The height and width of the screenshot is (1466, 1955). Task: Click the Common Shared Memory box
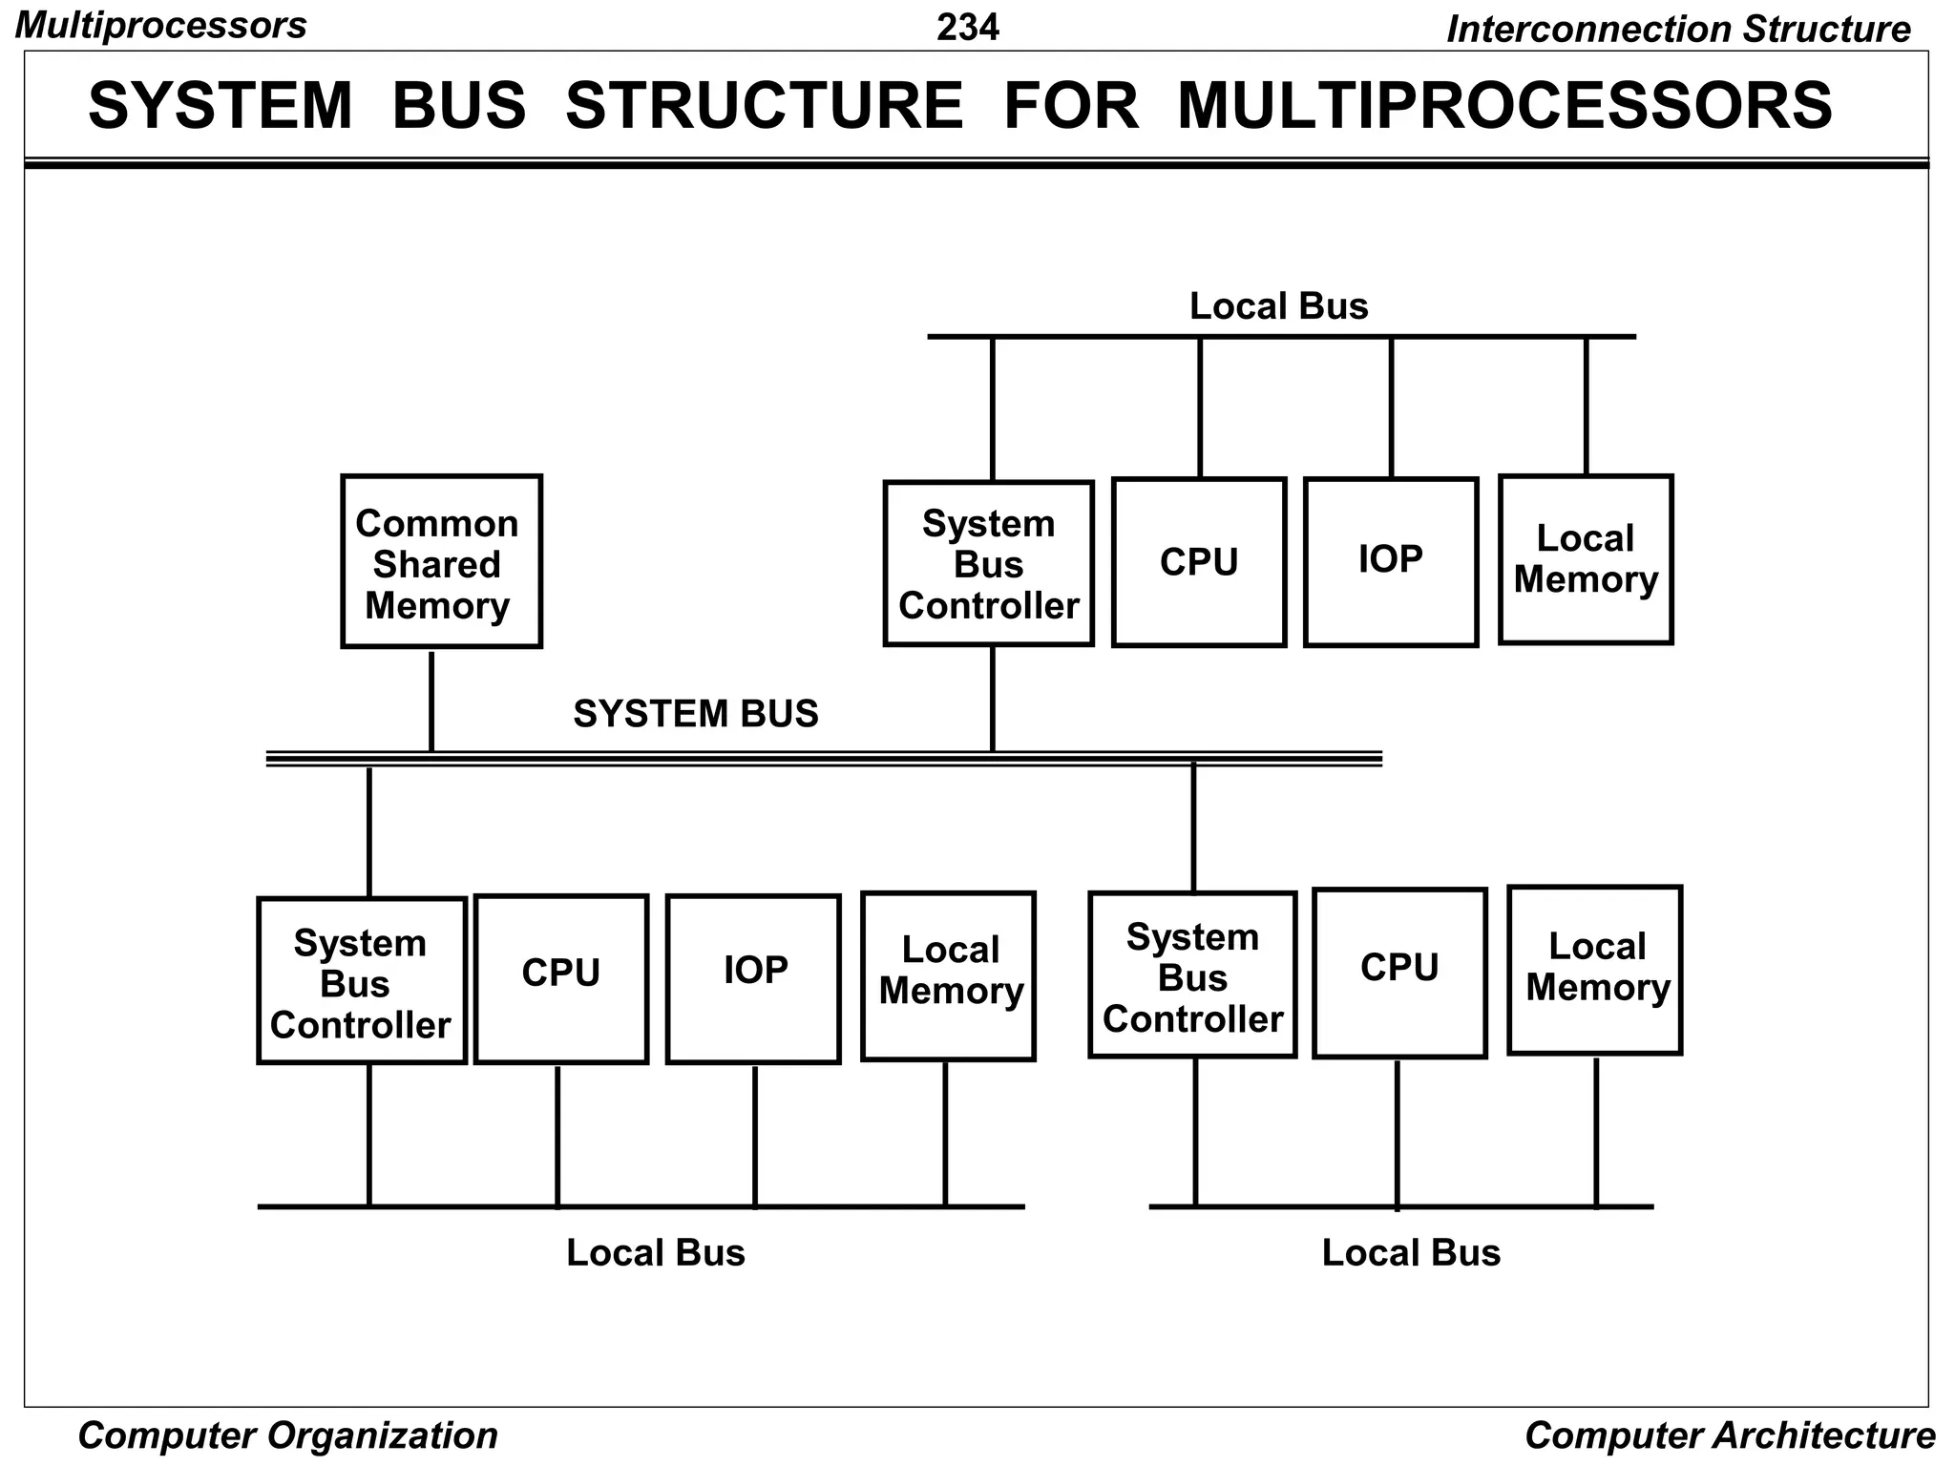[x=441, y=561]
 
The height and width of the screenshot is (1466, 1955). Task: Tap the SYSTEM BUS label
[x=695, y=714]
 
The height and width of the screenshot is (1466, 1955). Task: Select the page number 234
[x=967, y=27]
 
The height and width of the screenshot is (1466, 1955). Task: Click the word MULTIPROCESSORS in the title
[x=1504, y=105]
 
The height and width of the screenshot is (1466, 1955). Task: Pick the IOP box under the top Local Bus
[x=1390, y=561]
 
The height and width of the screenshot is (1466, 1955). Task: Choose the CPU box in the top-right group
[x=1198, y=561]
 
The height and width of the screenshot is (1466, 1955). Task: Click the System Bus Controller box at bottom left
[x=361, y=980]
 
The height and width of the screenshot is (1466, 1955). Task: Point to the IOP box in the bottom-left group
[x=753, y=978]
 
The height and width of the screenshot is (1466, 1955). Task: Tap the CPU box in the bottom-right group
[x=1398, y=973]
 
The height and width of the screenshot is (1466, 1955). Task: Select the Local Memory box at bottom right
[x=1594, y=970]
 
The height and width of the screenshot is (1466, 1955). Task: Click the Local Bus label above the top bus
[x=1278, y=306]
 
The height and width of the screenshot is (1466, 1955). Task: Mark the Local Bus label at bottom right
[x=1410, y=1252]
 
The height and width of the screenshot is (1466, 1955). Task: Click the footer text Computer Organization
[x=287, y=1435]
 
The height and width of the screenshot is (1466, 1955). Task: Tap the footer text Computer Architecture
[x=1729, y=1435]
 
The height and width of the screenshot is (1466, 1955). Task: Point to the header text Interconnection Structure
[x=1677, y=29]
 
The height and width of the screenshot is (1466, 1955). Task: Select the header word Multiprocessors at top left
[x=161, y=26]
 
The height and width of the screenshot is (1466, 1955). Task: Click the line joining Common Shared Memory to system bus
[x=431, y=702]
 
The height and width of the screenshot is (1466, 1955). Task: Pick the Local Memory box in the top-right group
[x=1585, y=559]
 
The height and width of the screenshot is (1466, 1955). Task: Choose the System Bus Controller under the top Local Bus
[x=988, y=563]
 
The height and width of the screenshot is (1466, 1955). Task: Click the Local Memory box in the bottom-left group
[x=948, y=976]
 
